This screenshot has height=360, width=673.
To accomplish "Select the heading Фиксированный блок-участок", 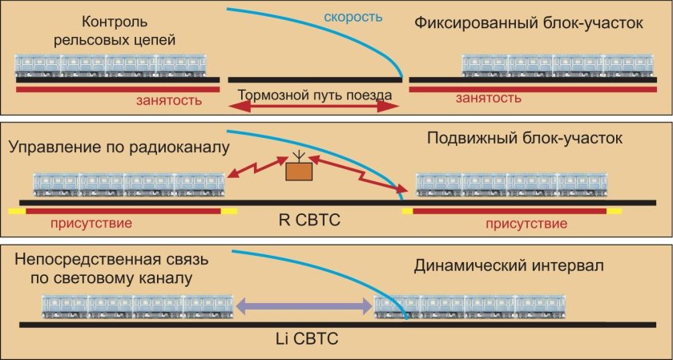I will [x=528, y=22].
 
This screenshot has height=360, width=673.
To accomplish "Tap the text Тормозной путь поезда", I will [x=315, y=95].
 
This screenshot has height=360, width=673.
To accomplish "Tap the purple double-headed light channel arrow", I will [x=304, y=305].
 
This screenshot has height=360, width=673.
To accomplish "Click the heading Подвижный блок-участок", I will [x=524, y=139].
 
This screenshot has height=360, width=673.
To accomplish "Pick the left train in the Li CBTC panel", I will [x=137, y=305].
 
